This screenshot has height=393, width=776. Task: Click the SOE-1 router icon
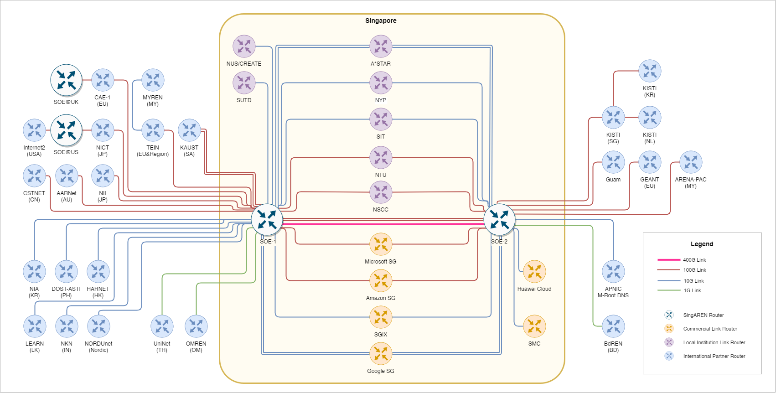(x=267, y=219)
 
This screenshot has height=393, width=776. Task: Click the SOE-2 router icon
(x=499, y=219)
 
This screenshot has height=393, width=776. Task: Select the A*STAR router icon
(x=381, y=46)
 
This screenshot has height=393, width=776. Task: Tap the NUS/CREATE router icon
(x=244, y=46)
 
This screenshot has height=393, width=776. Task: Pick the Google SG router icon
(x=381, y=353)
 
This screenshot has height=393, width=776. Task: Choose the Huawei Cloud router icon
(x=534, y=272)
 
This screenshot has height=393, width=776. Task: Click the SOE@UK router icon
(x=66, y=80)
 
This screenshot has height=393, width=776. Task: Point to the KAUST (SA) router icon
(x=189, y=130)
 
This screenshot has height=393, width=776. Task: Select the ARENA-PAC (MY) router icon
(x=691, y=162)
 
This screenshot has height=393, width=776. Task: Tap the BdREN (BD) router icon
(x=613, y=326)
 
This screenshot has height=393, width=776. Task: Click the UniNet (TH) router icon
(x=162, y=326)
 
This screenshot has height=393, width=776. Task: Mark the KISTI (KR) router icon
(x=650, y=71)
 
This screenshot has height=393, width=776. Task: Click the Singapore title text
(x=381, y=21)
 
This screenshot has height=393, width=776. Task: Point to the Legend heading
(x=702, y=244)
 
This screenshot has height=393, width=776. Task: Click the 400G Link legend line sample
(x=669, y=260)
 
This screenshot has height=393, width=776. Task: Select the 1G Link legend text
(x=692, y=290)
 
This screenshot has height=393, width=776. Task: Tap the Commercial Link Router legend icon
(x=669, y=329)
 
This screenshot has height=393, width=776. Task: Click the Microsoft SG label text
(x=381, y=262)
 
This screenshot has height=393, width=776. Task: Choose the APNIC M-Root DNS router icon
(x=613, y=272)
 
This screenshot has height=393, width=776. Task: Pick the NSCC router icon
(x=381, y=192)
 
